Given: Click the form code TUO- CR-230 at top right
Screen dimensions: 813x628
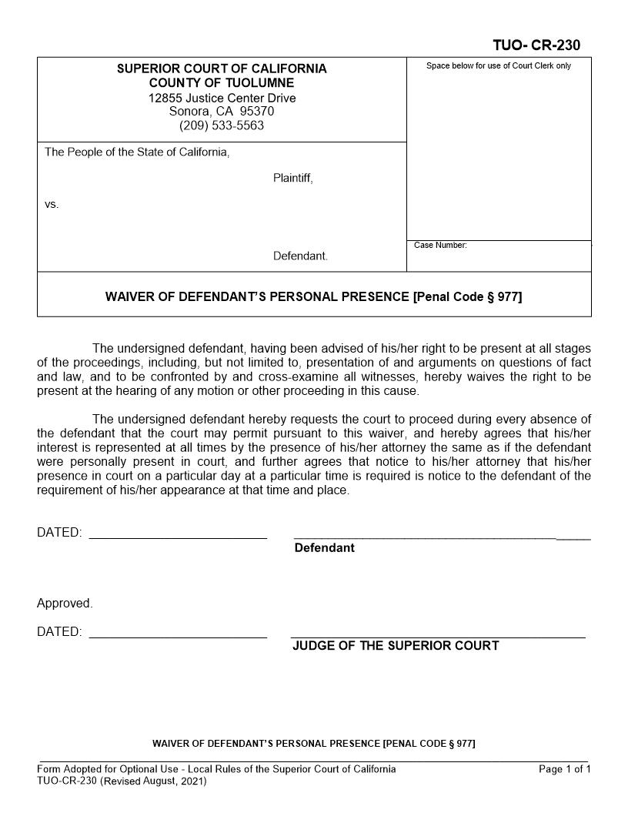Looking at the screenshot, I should pos(536,45).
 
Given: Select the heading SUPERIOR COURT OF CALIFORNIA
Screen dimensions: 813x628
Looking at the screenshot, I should pos(222,69).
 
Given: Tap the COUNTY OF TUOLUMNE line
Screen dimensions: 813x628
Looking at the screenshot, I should pos(222,83).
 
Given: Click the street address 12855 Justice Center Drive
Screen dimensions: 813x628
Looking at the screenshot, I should pos(222,98).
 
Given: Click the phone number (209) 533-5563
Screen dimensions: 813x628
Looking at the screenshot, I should pos(222,125).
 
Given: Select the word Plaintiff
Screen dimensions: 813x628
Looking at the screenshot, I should pos(292,179).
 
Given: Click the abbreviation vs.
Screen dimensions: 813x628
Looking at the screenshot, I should pos(52,205).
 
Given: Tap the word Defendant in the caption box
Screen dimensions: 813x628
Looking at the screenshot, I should pos(300,256).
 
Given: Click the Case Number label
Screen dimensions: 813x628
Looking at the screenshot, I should pos(440,245).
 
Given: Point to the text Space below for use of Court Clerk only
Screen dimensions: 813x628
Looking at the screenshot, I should pos(499,66).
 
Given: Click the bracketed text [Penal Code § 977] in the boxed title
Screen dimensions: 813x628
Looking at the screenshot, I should pos(467,296).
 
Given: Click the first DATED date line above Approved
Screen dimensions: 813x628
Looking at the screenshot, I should pos(178,537).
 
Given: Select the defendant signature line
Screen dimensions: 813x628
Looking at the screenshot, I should pos(443,536).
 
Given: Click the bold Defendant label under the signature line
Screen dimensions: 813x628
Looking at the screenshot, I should pos(324,548).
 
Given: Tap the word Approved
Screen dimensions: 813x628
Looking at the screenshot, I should pos(65,604).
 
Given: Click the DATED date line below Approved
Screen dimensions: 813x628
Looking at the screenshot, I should pos(178,636).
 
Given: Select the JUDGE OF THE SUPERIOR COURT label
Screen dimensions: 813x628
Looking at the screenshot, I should pos(396,646).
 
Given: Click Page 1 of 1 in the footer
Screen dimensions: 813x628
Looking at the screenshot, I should pos(565,769).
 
